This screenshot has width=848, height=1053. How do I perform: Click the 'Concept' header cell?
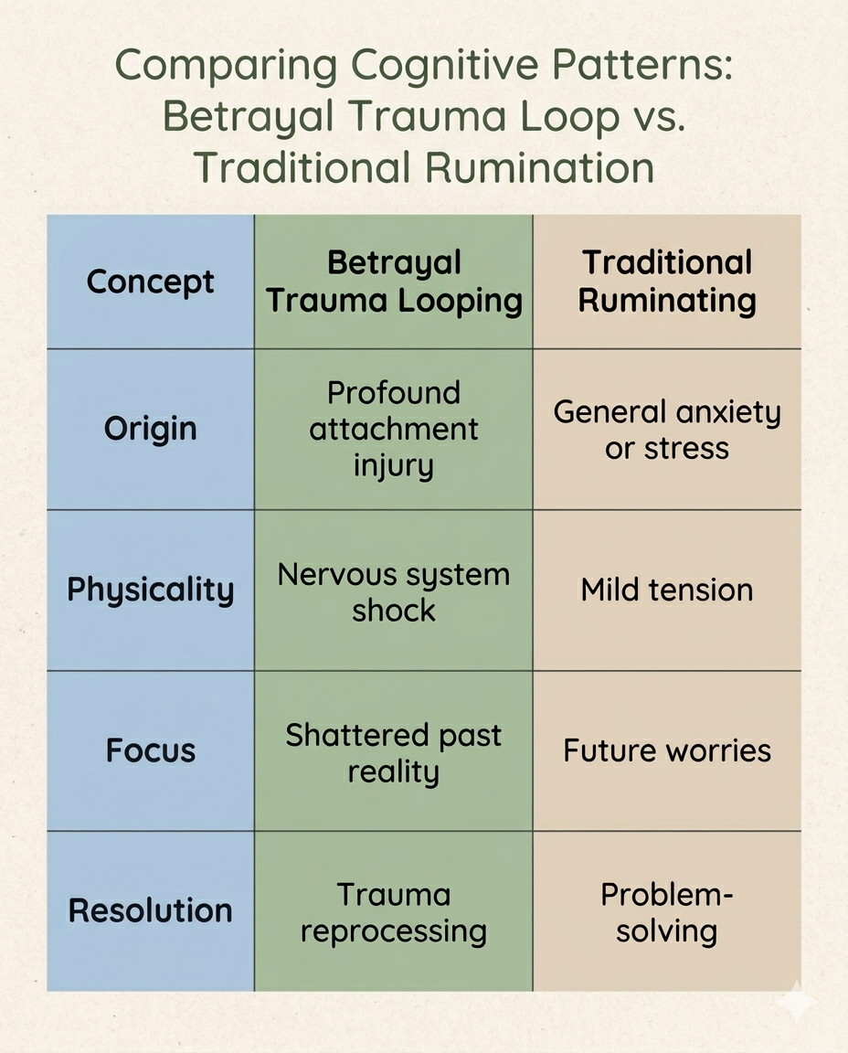point(151,282)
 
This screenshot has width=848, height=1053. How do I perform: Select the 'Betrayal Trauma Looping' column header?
point(394,282)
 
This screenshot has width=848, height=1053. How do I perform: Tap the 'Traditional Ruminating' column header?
point(667,282)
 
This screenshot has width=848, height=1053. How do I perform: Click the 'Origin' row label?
point(151,429)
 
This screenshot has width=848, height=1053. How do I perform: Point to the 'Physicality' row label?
point(151,590)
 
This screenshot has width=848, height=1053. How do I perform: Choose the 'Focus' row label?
point(151,750)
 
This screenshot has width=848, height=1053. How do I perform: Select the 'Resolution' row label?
point(151,910)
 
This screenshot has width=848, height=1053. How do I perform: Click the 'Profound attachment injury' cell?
point(394,429)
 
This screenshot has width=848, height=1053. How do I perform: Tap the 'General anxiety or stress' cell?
point(667,429)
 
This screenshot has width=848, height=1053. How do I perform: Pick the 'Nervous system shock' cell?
point(394,591)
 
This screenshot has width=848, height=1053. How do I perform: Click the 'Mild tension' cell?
point(667,590)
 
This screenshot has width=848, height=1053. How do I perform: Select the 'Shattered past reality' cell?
point(394,752)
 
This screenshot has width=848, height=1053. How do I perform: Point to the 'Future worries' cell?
point(667,750)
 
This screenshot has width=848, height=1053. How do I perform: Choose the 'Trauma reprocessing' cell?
point(394,912)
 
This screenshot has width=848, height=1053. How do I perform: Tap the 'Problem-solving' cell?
point(667,912)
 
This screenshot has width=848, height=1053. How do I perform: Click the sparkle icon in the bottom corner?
point(798,1001)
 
